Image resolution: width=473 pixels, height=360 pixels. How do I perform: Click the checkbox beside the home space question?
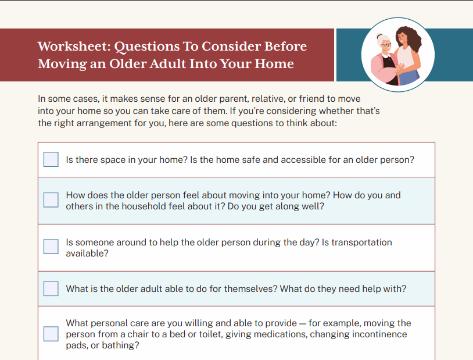[51, 159]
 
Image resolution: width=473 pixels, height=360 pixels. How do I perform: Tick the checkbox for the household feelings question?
[51, 200]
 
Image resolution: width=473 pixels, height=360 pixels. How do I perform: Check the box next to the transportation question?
[51, 247]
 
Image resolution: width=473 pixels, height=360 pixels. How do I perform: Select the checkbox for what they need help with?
[51, 288]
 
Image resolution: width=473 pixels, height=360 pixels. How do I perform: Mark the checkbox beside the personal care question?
[51, 334]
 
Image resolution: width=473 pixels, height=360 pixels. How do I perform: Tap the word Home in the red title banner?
[274, 64]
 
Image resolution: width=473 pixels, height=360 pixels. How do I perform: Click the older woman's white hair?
[382, 40]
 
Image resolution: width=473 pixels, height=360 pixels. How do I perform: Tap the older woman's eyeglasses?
[386, 45]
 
